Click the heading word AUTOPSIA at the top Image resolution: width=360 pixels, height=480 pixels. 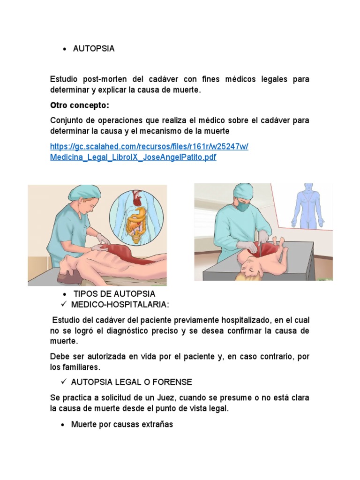94,49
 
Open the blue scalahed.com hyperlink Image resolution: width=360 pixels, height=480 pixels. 149,151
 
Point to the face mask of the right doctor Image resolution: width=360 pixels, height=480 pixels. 242,205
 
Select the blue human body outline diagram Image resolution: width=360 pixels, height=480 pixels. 307,206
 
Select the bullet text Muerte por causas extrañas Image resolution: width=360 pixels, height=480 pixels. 122,425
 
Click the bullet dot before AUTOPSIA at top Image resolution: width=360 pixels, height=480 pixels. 63,49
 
